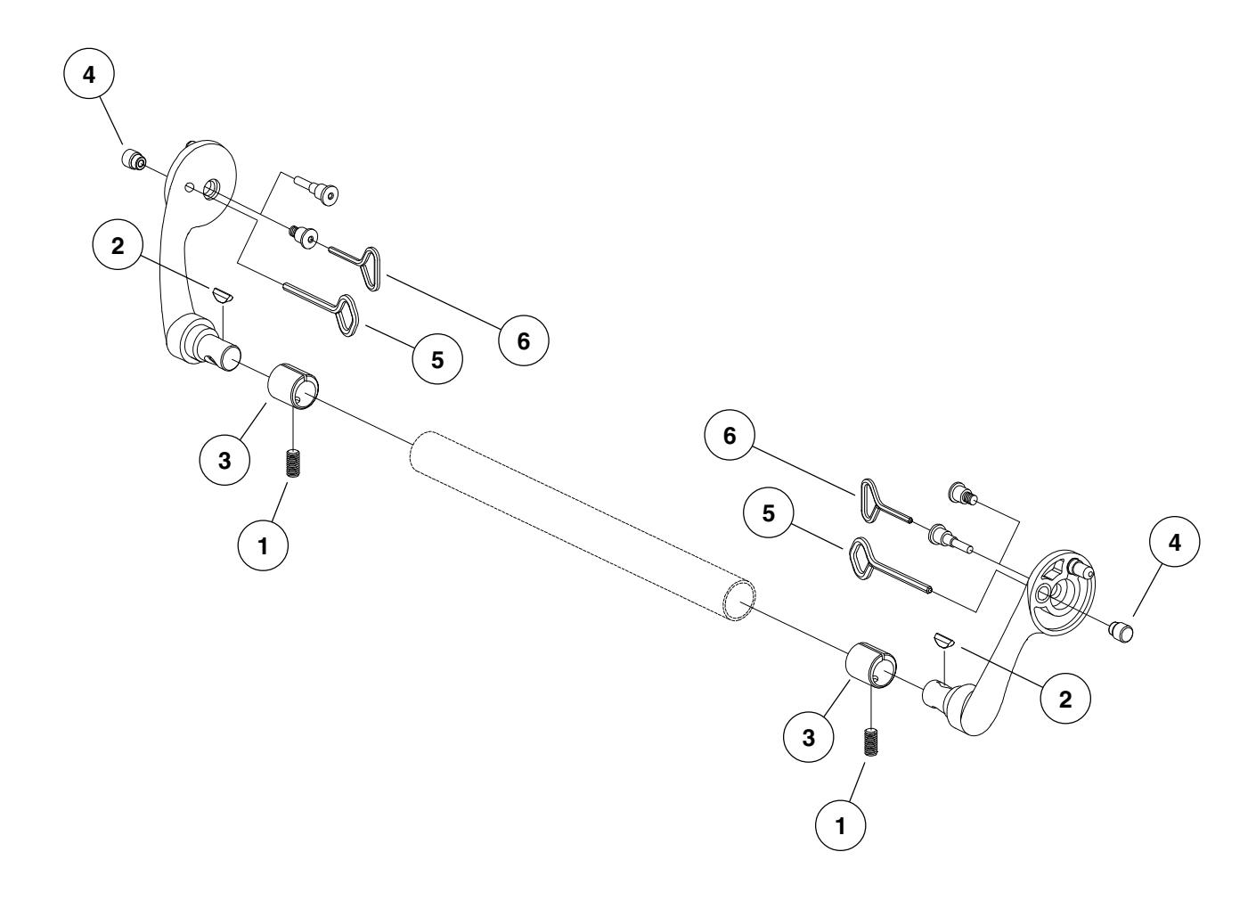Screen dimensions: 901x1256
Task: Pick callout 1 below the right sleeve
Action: pyautogui.click(x=841, y=824)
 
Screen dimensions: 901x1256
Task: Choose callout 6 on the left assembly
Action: pyautogui.click(x=523, y=340)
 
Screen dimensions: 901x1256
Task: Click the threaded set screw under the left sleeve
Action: pyautogui.click(x=290, y=463)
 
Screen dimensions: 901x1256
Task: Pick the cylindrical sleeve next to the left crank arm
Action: pyautogui.click(x=296, y=386)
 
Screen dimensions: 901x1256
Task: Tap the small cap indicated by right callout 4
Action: pyautogui.click(x=1121, y=633)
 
